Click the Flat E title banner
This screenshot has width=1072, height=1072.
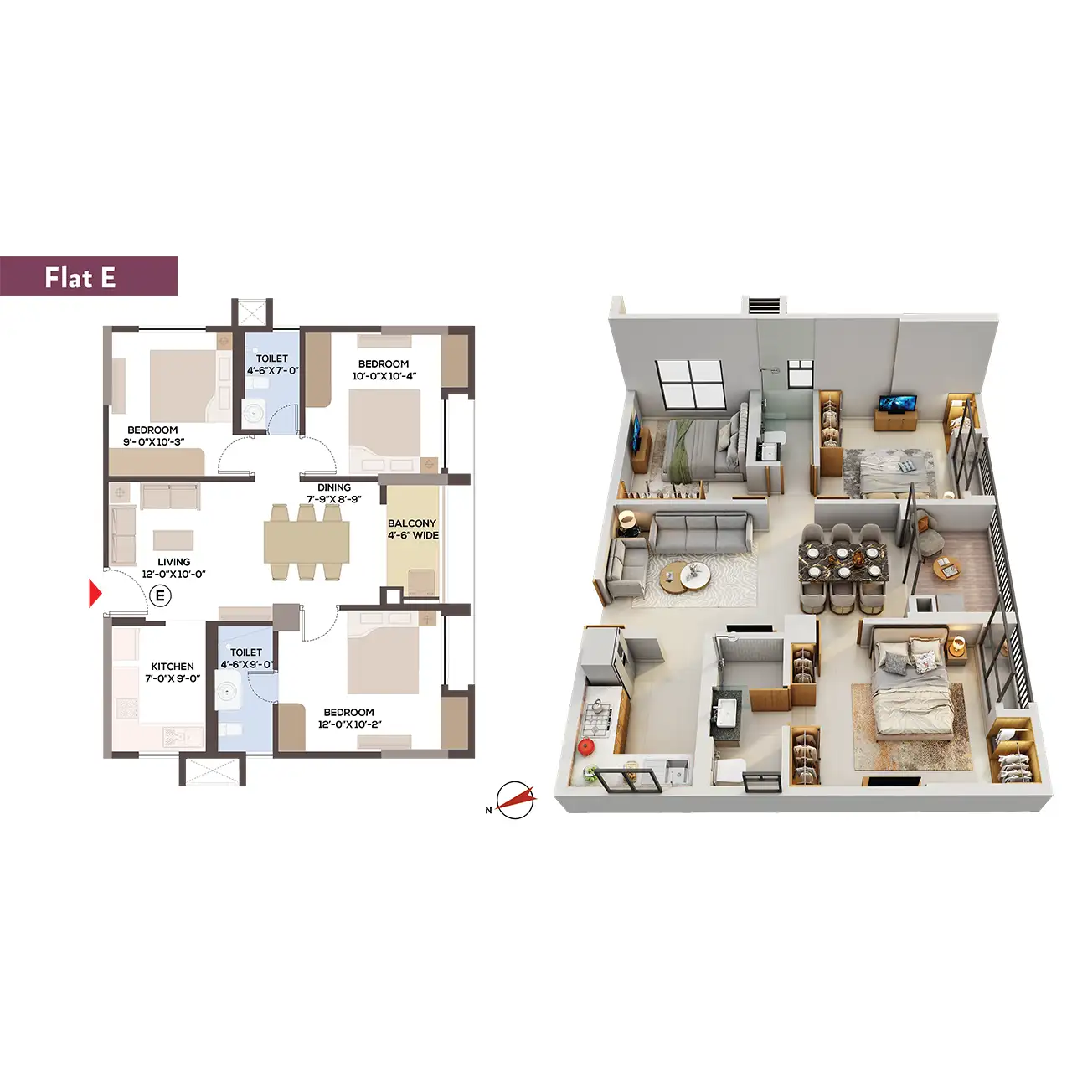point(89,276)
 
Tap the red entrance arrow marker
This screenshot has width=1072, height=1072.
point(95,594)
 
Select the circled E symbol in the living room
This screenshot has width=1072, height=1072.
point(160,595)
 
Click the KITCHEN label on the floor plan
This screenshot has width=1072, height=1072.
point(173,667)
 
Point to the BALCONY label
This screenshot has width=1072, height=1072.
point(412,523)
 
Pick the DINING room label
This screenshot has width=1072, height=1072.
point(334,487)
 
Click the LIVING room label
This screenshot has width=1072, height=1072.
point(173,562)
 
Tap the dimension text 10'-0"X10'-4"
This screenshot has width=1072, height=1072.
point(384,376)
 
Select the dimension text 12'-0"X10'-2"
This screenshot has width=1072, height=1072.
point(349,724)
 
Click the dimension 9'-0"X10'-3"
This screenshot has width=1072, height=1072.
point(153,442)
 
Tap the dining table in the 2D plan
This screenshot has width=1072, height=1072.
point(307,543)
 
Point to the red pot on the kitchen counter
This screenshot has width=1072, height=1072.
point(585,747)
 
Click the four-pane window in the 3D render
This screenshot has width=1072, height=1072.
point(690,385)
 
